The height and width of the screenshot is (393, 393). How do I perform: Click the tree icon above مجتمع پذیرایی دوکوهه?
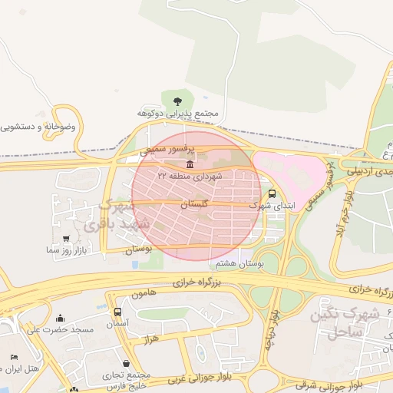(178, 101)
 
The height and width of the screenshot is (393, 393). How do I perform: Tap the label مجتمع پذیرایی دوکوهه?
(178, 114)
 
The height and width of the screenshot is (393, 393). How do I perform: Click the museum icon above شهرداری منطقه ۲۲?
(190, 164)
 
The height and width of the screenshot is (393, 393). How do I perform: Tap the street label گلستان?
(193, 205)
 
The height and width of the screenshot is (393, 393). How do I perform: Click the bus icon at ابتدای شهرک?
(272, 194)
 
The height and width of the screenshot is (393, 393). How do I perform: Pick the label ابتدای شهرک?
(272, 206)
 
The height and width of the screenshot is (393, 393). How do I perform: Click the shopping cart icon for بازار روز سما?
(70, 239)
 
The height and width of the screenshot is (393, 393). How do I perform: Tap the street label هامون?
(144, 293)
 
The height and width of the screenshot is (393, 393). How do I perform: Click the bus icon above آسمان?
(117, 312)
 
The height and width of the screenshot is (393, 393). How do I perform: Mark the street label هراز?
(150, 339)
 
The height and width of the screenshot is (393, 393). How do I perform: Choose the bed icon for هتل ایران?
(13, 358)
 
